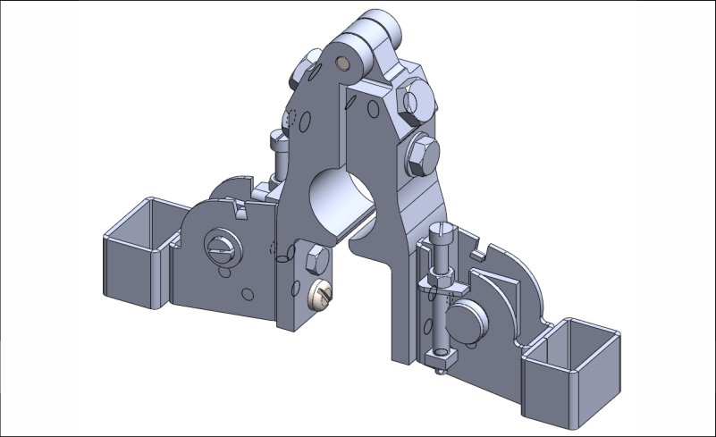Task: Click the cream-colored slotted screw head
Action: (320, 293)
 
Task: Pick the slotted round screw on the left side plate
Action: (222, 248)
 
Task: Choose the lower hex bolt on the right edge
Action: (419, 157)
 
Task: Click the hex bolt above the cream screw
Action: (316, 261)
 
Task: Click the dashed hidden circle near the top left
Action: (291, 118)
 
